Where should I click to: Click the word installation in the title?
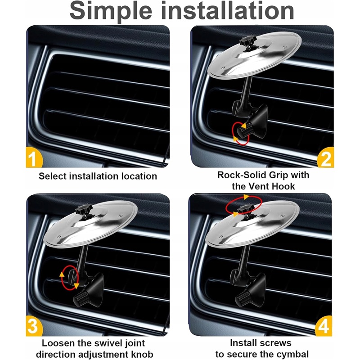click(228, 10)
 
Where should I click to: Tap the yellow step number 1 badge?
click(34, 157)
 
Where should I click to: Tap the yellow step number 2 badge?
click(325, 158)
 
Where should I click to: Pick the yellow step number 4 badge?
click(323, 326)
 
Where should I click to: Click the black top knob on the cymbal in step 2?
click(247, 41)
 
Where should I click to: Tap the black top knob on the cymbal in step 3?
click(84, 210)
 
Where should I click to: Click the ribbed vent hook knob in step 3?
click(81, 299)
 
